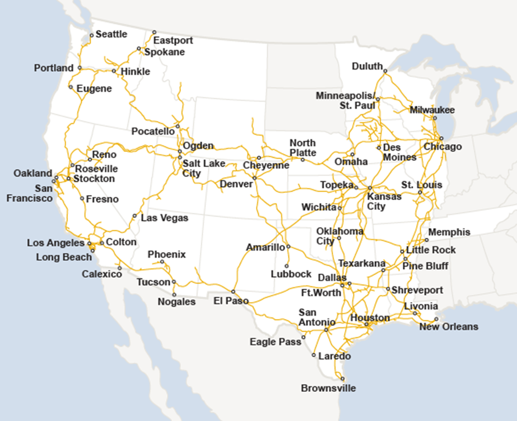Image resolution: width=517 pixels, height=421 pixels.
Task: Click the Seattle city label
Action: point(111,34)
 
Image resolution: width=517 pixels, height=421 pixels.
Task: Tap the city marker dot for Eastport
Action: point(155,32)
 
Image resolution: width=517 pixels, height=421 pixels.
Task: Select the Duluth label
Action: point(367,66)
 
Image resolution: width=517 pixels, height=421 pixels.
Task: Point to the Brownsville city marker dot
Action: point(343,378)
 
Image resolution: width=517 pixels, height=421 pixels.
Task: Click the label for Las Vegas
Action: point(164,218)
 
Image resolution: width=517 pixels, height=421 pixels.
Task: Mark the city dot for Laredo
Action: point(314,354)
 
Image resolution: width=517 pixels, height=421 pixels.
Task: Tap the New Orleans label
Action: point(449,327)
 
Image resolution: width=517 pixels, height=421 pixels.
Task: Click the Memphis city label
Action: point(449,232)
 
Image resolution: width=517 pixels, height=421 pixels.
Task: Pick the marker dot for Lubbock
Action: point(287,266)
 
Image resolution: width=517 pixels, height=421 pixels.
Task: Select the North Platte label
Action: point(302,147)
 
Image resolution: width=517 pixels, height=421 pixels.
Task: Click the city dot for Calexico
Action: point(119,268)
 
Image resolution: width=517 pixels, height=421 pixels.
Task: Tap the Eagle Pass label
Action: point(275,341)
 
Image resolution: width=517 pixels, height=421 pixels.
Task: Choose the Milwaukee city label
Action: point(432,110)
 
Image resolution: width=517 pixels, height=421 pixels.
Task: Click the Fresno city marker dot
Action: point(82,198)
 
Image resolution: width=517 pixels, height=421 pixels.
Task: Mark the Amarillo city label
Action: point(266,247)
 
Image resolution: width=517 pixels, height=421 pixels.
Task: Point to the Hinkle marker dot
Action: point(114,71)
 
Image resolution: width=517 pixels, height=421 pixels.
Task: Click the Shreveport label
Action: point(417,290)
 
